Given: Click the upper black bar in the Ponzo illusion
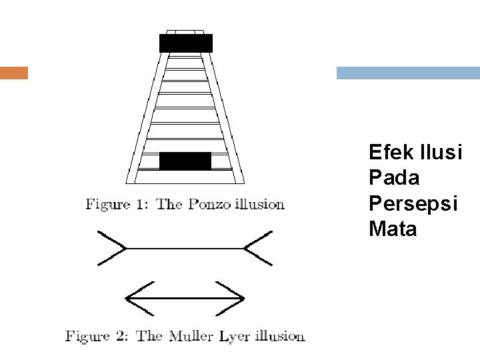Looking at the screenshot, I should pyautogui.click(x=185, y=43).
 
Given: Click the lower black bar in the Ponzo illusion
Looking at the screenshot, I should pyautogui.click(x=185, y=161).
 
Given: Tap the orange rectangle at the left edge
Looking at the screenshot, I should pyautogui.click(x=14, y=73).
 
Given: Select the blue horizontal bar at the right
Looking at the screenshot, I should pyautogui.click(x=408, y=73).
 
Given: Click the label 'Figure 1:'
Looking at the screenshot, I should pyautogui.click(x=117, y=205).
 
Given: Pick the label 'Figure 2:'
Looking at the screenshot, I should pyautogui.click(x=97, y=336).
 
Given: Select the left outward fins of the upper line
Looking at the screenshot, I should pyautogui.click(x=112, y=248).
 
